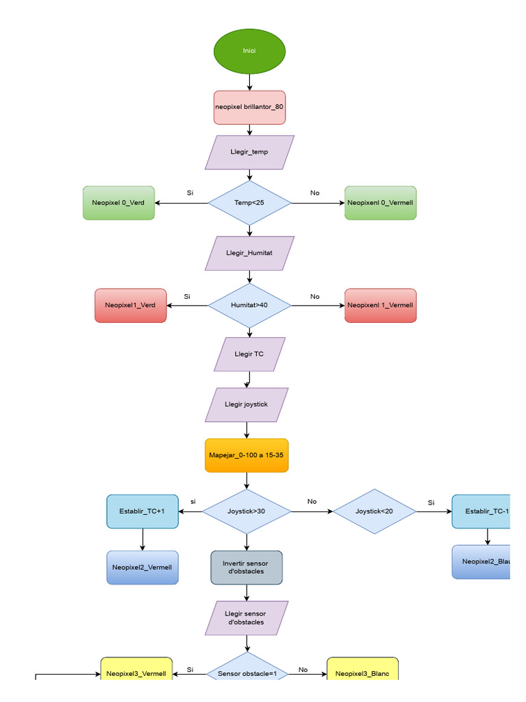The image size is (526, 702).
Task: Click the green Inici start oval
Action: (x=249, y=51)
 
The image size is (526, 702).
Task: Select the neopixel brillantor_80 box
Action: (x=249, y=108)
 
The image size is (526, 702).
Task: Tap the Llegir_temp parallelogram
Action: (x=249, y=152)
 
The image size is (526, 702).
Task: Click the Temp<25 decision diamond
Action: (x=249, y=203)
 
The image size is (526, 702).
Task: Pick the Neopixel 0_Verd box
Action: (x=118, y=203)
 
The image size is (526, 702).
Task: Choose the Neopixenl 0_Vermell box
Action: (x=380, y=203)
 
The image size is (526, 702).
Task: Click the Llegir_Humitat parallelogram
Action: (x=249, y=253)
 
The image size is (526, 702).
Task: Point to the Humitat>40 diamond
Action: (x=249, y=305)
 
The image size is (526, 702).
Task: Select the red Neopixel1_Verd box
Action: (x=131, y=305)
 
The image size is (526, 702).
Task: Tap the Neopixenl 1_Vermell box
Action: (x=380, y=305)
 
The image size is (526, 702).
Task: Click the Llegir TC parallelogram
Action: (x=249, y=354)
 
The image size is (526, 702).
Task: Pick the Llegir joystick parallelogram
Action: (x=247, y=404)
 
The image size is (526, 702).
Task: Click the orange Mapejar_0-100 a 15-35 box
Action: (x=247, y=455)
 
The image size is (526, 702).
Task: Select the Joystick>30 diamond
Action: (x=247, y=511)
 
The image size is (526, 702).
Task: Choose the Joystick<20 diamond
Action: (x=375, y=511)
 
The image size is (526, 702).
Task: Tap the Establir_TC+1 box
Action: (x=142, y=511)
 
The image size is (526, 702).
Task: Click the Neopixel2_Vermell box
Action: (x=142, y=568)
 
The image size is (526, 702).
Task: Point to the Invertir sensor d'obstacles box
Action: (x=247, y=568)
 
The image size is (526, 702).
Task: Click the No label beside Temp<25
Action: (x=314, y=193)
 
